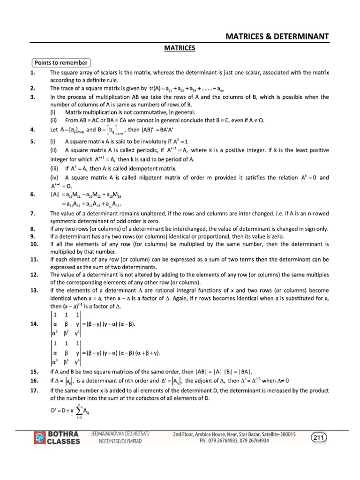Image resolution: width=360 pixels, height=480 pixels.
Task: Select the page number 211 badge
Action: [319, 437]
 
